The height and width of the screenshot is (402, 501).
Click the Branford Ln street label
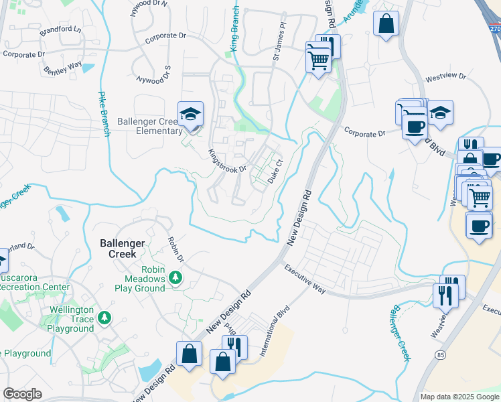[59, 29]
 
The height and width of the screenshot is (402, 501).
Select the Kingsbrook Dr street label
[227, 161]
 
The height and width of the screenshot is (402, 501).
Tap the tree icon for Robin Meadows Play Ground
[175, 277]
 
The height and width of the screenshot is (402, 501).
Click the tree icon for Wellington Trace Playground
[104, 316]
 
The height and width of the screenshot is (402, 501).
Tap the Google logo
[22, 394]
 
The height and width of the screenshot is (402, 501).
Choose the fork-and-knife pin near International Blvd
[234, 346]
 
